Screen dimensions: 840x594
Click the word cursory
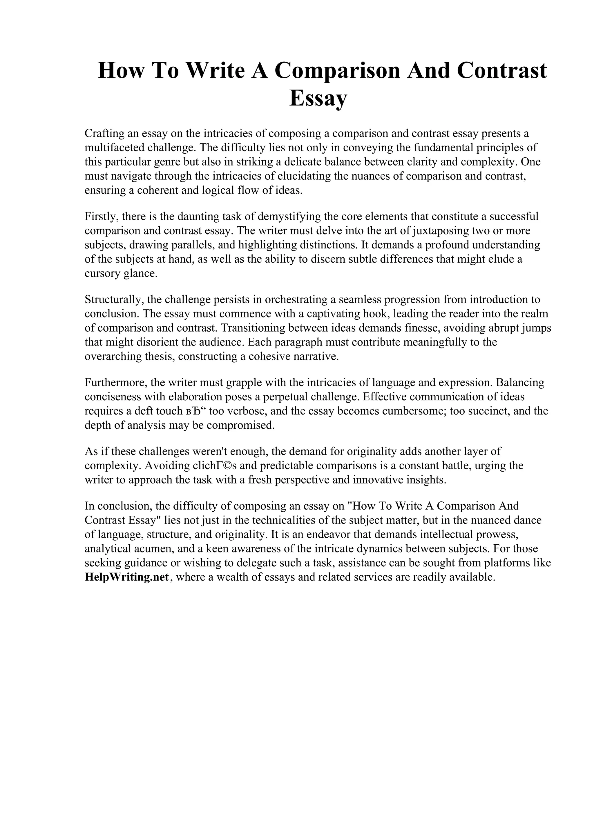pos(102,274)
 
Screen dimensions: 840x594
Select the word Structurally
pos(113,300)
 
